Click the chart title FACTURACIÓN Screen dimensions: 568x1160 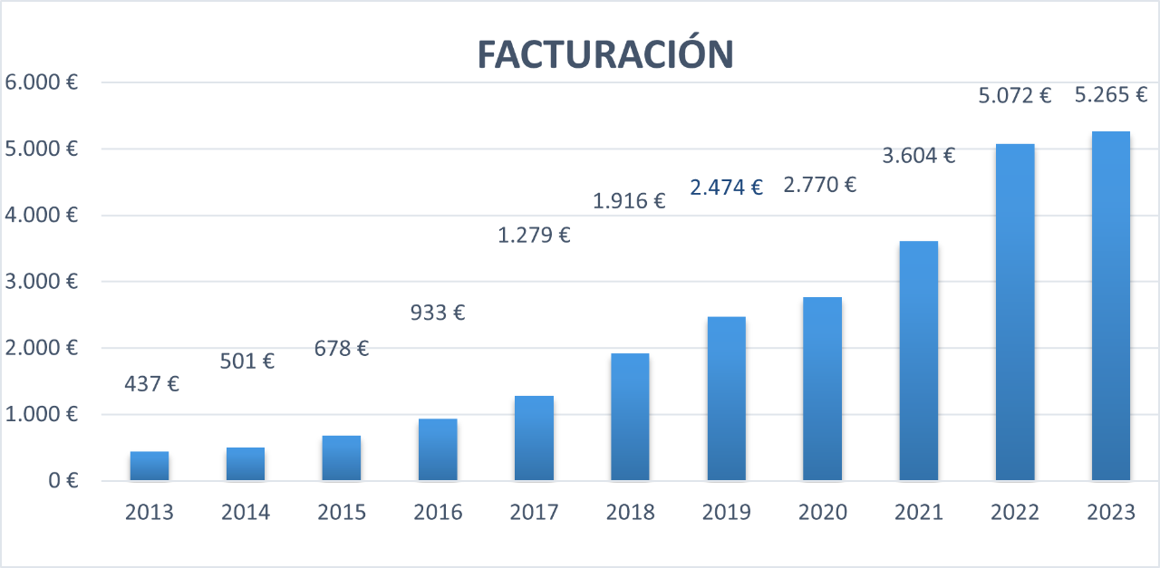pyautogui.click(x=604, y=55)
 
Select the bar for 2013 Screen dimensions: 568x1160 pyautogui.click(x=150, y=466)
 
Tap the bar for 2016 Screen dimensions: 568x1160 pyautogui.click(x=438, y=449)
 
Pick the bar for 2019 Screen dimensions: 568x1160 pyautogui.click(x=726, y=399)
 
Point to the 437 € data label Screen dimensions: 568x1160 pyautogui.click(x=151, y=384)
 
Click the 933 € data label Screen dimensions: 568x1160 pyautogui.click(x=438, y=313)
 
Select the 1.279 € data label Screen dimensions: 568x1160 pyautogui.click(x=534, y=236)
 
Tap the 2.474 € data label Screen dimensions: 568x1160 pyautogui.click(x=726, y=188)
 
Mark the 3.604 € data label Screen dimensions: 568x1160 pyautogui.click(x=918, y=156)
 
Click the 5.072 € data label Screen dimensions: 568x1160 pyautogui.click(x=1014, y=95)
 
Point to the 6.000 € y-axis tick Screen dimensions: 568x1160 pyautogui.click(x=41, y=82)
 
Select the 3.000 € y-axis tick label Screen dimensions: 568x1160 pyautogui.click(x=41, y=282)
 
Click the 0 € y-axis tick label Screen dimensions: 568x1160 pyautogui.click(x=61, y=481)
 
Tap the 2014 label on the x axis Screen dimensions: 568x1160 pyautogui.click(x=246, y=513)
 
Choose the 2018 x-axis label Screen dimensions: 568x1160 pyautogui.click(x=630, y=513)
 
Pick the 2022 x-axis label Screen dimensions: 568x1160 pyautogui.click(x=1014, y=513)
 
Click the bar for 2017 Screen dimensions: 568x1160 pyautogui.click(x=534, y=438)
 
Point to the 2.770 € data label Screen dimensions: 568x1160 pyautogui.click(x=820, y=186)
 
